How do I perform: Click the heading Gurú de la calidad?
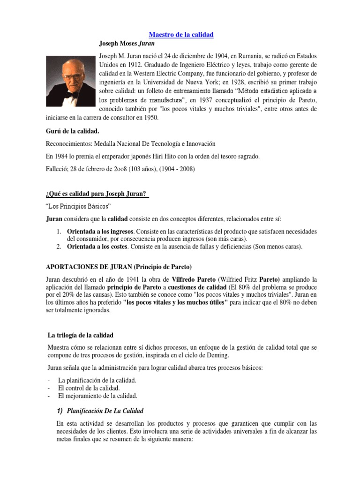pos(72,131)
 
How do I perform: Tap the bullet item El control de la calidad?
pos(89,388)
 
